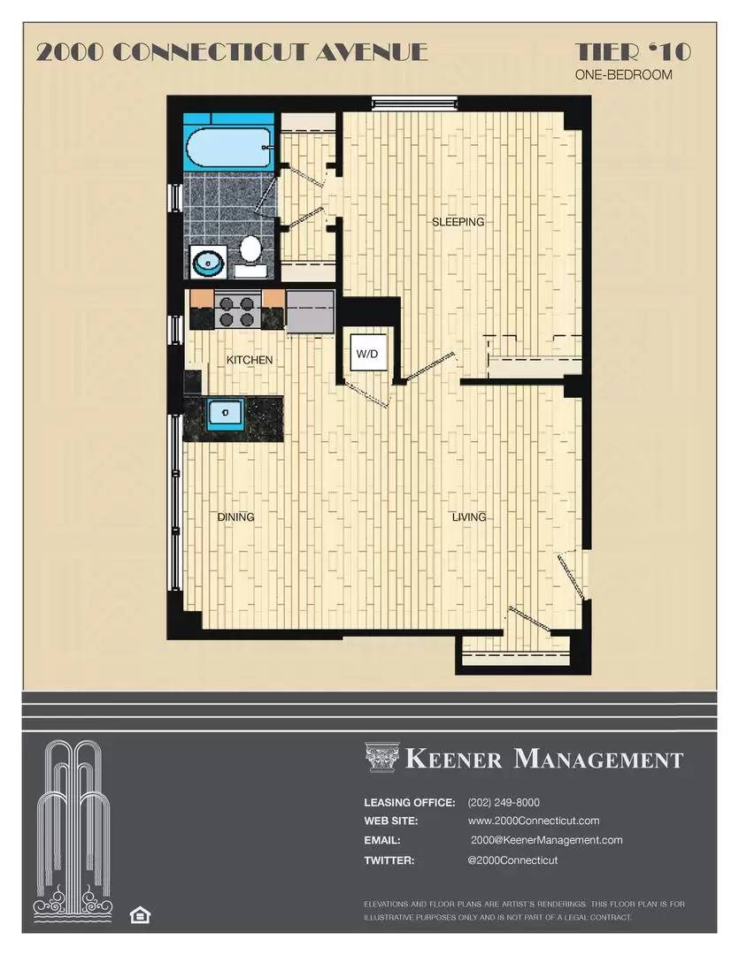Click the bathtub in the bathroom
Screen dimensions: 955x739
228,148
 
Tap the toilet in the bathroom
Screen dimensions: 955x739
250,251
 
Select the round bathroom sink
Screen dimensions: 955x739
209,262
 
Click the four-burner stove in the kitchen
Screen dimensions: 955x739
237,310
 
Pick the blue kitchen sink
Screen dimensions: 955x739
225,414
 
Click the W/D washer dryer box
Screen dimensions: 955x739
367,354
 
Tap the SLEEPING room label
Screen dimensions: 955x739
458,222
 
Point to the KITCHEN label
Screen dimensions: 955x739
250,360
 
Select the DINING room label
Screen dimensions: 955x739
236,517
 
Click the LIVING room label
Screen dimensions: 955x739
469,517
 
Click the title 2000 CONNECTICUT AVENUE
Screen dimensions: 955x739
232,52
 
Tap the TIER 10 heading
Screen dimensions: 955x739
633,52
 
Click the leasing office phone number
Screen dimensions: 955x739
503,803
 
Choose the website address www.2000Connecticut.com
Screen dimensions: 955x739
534,821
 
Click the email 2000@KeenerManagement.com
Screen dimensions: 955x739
546,840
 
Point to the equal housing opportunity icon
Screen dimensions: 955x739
139,914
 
